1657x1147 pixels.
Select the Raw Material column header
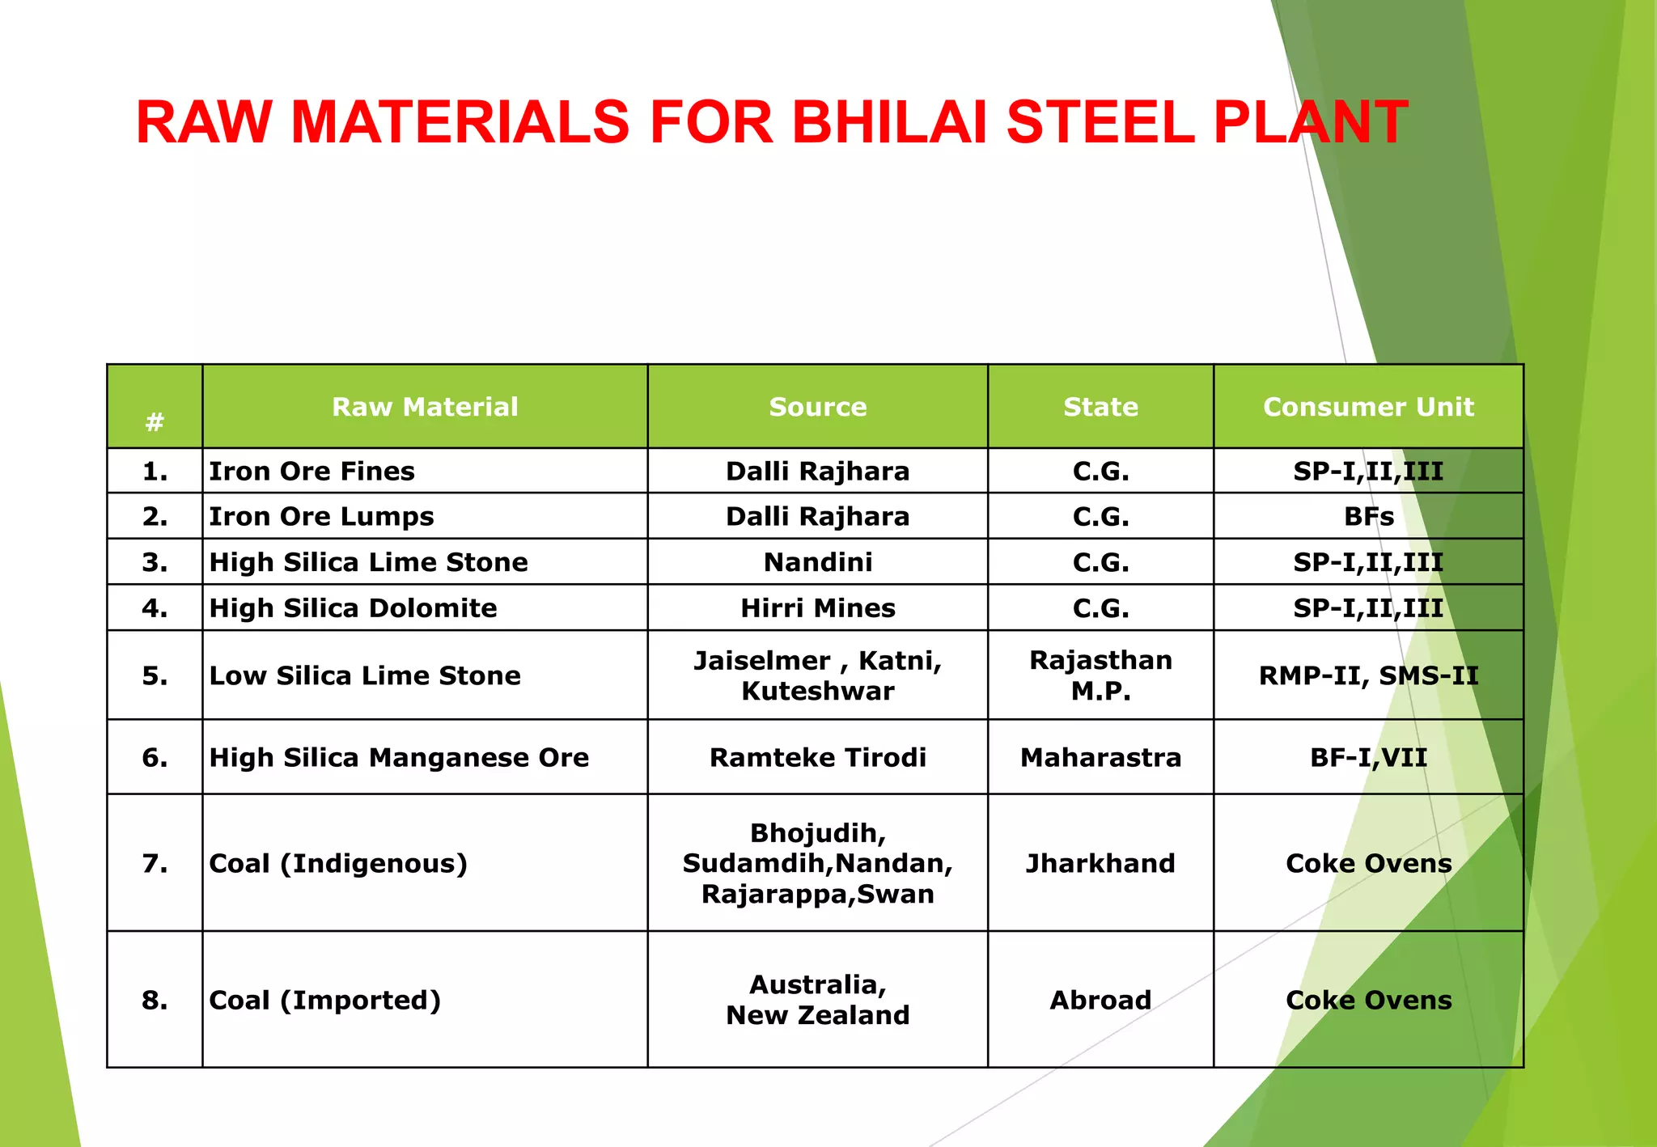pyautogui.click(x=425, y=407)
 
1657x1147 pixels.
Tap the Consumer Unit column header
pyautogui.click(x=1368, y=407)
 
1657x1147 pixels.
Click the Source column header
pyautogui.click(x=817, y=407)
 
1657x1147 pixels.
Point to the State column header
pyautogui.click(x=1100, y=407)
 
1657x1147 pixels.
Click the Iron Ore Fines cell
pyautogui.click(x=311, y=471)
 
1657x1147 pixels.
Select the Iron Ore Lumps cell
pyautogui.click(x=321, y=516)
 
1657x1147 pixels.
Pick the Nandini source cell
pyautogui.click(x=817, y=562)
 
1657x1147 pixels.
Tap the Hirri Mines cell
pyautogui.click(x=817, y=608)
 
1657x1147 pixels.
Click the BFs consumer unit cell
pyautogui.click(x=1368, y=516)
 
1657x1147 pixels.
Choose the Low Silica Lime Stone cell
pyautogui.click(x=365, y=675)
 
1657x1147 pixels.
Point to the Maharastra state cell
pyautogui.click(x=1100, y=757)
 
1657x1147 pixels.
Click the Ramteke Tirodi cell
pyautogui.click(x=817, y=757)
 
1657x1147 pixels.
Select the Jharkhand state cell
pyautogui.click(x=1100, y=863)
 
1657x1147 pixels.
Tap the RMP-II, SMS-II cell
pyautogui.click(x=1368, y=675)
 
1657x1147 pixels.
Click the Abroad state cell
pyautogui.click(x=1100, y=1000)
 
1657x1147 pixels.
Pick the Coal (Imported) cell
pyautogui.click(x=325, y=1000)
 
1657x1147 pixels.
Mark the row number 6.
pyautogui.click(x=155, y=757)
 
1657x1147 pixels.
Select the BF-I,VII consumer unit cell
pyautogui.click(x=1368, y=757)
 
